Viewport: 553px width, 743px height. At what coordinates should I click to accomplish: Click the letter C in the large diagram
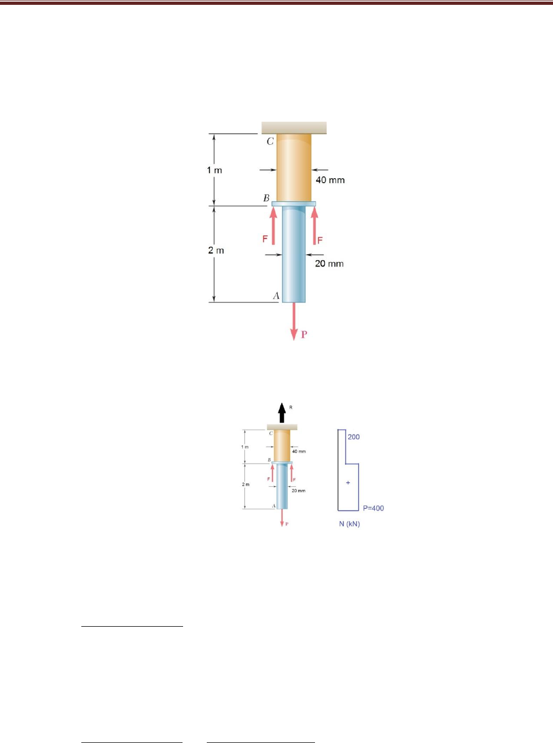270,142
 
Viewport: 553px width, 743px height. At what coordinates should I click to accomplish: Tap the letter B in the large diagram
266,198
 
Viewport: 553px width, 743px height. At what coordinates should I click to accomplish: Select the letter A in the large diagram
276,296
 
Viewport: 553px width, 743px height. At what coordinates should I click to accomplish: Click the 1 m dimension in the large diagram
214,170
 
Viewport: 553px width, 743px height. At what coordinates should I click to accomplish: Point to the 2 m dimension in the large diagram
216,250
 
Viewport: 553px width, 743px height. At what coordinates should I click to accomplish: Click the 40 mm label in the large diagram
330,180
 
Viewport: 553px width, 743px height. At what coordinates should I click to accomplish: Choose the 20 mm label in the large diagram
329,263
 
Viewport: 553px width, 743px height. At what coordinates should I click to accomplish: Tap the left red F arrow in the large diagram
273,226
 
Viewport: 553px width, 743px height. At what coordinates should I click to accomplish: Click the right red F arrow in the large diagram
315,226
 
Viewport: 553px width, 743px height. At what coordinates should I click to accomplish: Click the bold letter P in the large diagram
304,334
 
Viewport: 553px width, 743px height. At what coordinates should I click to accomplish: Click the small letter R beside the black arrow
291,408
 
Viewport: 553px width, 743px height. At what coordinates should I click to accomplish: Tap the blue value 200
354,437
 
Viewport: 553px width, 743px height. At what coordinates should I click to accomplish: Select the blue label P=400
373,508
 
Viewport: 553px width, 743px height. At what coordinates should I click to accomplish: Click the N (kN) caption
349,524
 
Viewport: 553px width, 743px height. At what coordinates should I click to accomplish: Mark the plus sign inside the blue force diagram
348,482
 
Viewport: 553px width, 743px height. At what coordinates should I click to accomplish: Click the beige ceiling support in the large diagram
294,128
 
